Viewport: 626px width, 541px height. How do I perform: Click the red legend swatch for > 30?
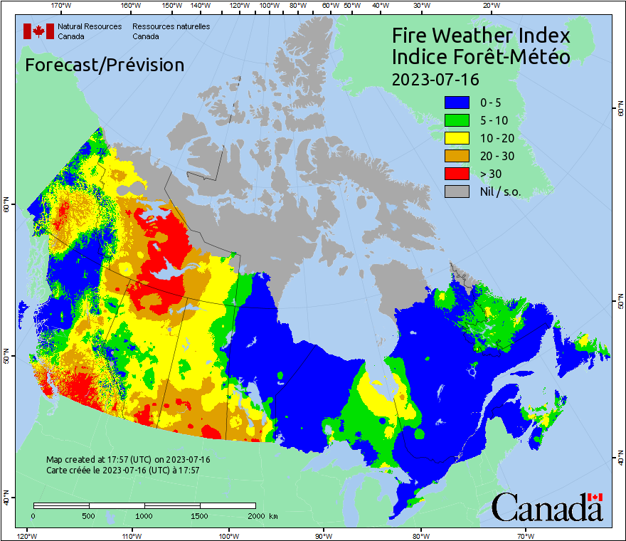[457, 173]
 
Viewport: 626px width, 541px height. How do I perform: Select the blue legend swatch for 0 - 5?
[457, 103]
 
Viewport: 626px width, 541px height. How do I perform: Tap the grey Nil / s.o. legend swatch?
[457, 191]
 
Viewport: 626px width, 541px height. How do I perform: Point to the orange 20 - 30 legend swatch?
[457, 156]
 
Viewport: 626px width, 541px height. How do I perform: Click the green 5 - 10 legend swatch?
[457, 120]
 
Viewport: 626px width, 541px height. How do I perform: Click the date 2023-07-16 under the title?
[435, 78]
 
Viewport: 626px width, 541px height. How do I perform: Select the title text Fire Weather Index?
[481, 36]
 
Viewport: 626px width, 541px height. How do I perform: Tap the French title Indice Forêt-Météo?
[481, 57]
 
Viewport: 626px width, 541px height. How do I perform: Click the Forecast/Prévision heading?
[105, 65]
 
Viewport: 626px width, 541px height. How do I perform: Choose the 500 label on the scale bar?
[89, 515]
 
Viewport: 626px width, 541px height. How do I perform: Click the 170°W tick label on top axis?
[62, 6]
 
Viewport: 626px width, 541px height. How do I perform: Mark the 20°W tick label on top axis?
[489, 6]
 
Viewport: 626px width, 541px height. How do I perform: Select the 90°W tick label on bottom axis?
[324, 535]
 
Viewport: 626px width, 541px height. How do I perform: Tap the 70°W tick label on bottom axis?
[526, 535]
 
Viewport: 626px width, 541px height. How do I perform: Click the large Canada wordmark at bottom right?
[546, 508]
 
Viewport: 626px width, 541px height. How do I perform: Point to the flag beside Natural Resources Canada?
[38, 31]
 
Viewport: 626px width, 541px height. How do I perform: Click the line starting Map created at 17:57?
[128, 460]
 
